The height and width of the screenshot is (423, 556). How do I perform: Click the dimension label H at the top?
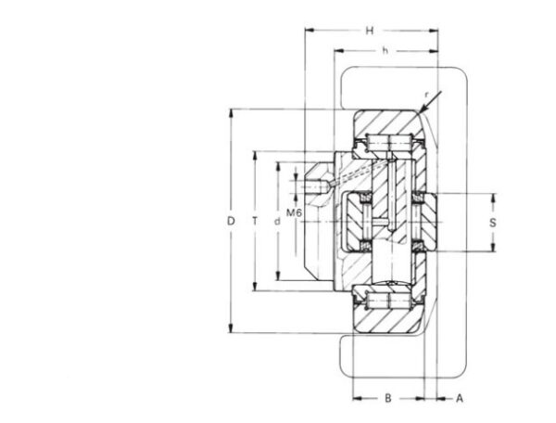point(370,31)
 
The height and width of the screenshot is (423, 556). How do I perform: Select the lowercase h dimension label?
point(384,51)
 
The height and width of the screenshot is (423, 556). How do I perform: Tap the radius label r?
point(425,95)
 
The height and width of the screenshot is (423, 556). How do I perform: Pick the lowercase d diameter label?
point(278,221)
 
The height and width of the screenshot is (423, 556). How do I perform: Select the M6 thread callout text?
point(294,214)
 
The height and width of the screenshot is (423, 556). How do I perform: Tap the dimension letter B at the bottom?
point(388,399)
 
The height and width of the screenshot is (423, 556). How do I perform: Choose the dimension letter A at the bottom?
point(459,399)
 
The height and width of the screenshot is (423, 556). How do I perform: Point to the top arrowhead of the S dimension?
point(493,198)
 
